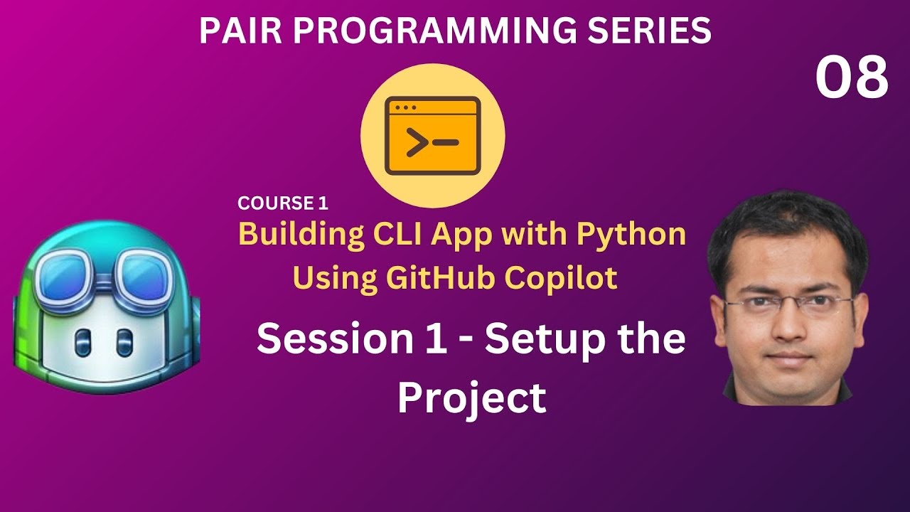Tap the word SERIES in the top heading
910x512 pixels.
[x=653, y=31]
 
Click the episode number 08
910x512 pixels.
[x=851, y=78]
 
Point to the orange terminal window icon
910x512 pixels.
[x=432, y=137]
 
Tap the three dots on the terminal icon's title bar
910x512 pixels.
[x=405, y=108]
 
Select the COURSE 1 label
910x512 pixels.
[x=283, y=203]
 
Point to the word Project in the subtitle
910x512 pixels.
[x=471, y=398]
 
